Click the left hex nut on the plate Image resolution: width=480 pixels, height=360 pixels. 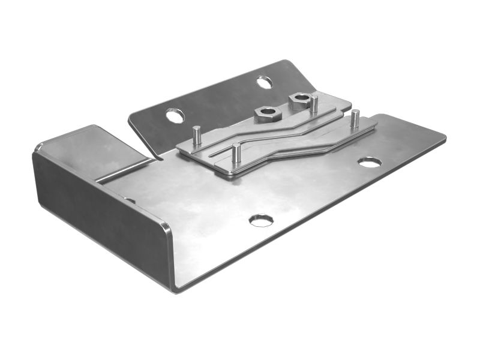[265, 113]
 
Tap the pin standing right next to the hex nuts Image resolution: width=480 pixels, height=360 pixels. [314, 104]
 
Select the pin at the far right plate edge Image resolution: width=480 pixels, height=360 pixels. [355, 119]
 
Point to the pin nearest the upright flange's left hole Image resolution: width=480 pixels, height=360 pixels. [196, 136]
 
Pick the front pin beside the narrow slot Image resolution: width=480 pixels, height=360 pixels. [236, 153]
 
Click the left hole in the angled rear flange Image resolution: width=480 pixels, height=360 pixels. [175, 115]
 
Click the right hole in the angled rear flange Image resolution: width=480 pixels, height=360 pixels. [264, 82]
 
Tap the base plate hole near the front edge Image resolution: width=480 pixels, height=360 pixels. [261, 220]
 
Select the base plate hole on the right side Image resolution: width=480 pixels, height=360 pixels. [369, 162]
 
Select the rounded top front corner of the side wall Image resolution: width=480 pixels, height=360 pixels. [166, 227]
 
